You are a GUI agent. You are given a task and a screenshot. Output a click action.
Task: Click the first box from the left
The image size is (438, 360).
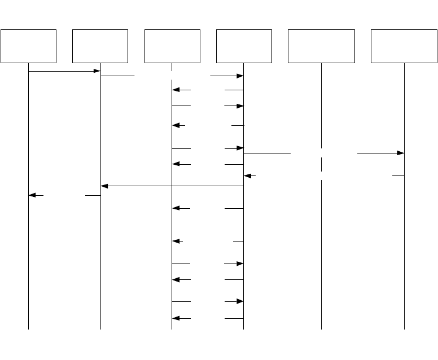(x=28, y=46)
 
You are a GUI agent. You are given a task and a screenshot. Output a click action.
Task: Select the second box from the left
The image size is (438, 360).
(x=100, y=46)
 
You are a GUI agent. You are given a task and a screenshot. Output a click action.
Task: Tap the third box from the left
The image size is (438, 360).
(x=172, y=46)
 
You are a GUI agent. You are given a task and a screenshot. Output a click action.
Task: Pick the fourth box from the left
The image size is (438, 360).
(x=244, y=46)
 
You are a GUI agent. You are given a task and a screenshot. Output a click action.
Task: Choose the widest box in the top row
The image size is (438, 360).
(x=321, y=46)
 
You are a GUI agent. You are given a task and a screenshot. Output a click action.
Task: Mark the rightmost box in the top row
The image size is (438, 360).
(x=404, y=46)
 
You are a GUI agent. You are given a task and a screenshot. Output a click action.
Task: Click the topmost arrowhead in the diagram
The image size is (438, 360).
(x=97, y=71)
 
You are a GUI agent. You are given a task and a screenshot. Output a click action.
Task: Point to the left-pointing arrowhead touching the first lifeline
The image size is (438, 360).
(x=32, y=195)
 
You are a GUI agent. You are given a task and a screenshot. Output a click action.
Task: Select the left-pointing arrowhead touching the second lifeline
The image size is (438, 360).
(x=104, y=186)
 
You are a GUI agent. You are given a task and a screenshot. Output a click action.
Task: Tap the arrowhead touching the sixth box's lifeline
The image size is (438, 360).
(x=401, y=153)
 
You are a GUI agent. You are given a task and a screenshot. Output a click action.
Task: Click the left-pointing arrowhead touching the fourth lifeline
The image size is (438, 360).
(x=247, y=175)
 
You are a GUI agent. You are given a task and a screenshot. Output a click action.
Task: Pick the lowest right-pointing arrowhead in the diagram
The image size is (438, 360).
(x=240, y=302)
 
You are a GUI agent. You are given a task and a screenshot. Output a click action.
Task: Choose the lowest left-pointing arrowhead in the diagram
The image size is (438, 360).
(x=176, y=319)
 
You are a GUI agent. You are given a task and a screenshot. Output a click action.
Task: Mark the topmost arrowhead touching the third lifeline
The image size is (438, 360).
(x=176, y=90)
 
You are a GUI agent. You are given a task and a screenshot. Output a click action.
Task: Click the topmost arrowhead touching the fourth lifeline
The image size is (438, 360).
(x=240, y=76)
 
